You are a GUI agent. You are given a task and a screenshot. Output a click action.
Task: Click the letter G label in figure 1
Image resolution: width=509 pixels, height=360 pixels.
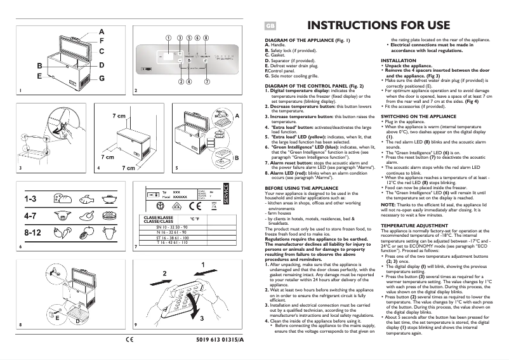[x=102, y=77]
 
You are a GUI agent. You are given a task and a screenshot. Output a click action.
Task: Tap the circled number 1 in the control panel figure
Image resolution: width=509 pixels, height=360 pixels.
[x=168, y=37]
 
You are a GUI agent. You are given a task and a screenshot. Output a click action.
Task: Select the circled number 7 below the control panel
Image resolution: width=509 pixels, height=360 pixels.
[x=207, y=81]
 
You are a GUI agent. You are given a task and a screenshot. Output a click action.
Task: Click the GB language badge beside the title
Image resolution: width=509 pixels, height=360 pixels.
[x=269, y=26]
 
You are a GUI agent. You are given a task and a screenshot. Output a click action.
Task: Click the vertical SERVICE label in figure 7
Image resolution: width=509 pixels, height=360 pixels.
[x=225, y=192]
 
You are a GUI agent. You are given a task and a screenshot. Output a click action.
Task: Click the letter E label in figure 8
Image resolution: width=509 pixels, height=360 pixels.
[x=58, y=316]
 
